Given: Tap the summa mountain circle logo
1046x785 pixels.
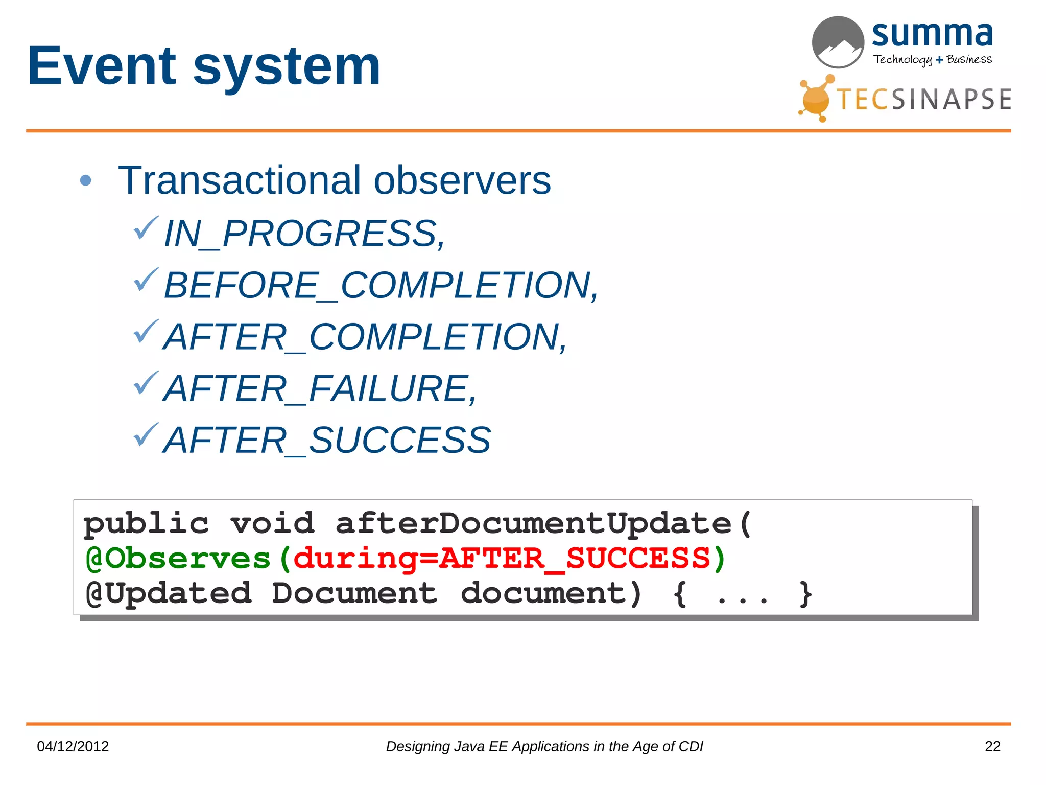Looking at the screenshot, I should coord(838,42).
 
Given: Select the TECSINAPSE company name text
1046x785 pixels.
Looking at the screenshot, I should coord(924,99).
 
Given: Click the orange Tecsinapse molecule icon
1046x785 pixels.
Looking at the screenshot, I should coord(816,98).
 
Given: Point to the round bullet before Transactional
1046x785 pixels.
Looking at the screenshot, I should coord(86,180).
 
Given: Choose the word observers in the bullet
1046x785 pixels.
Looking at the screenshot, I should coord(462,180).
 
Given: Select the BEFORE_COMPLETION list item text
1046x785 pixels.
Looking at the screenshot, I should coord(381,285).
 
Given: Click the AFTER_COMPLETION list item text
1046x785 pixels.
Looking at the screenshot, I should coord(365,337).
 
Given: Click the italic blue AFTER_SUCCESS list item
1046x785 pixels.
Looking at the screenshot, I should coord(327,440).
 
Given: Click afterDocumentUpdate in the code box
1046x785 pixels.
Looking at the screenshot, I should coord(534,523).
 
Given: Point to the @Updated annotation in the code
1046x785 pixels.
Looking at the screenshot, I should coord(169,593).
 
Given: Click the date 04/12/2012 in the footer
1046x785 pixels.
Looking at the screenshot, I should coord(73,747).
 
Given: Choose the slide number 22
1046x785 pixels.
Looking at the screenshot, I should coord(992,747).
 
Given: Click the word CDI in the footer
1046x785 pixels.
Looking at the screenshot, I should coord(691,747).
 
